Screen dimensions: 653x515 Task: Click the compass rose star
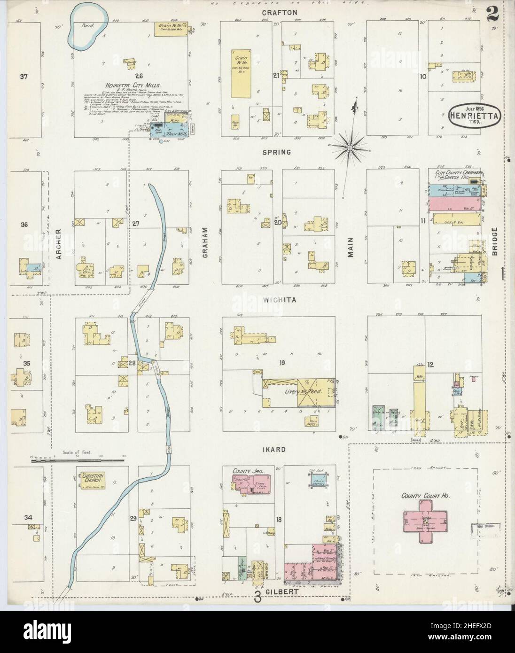coord(350,148)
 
